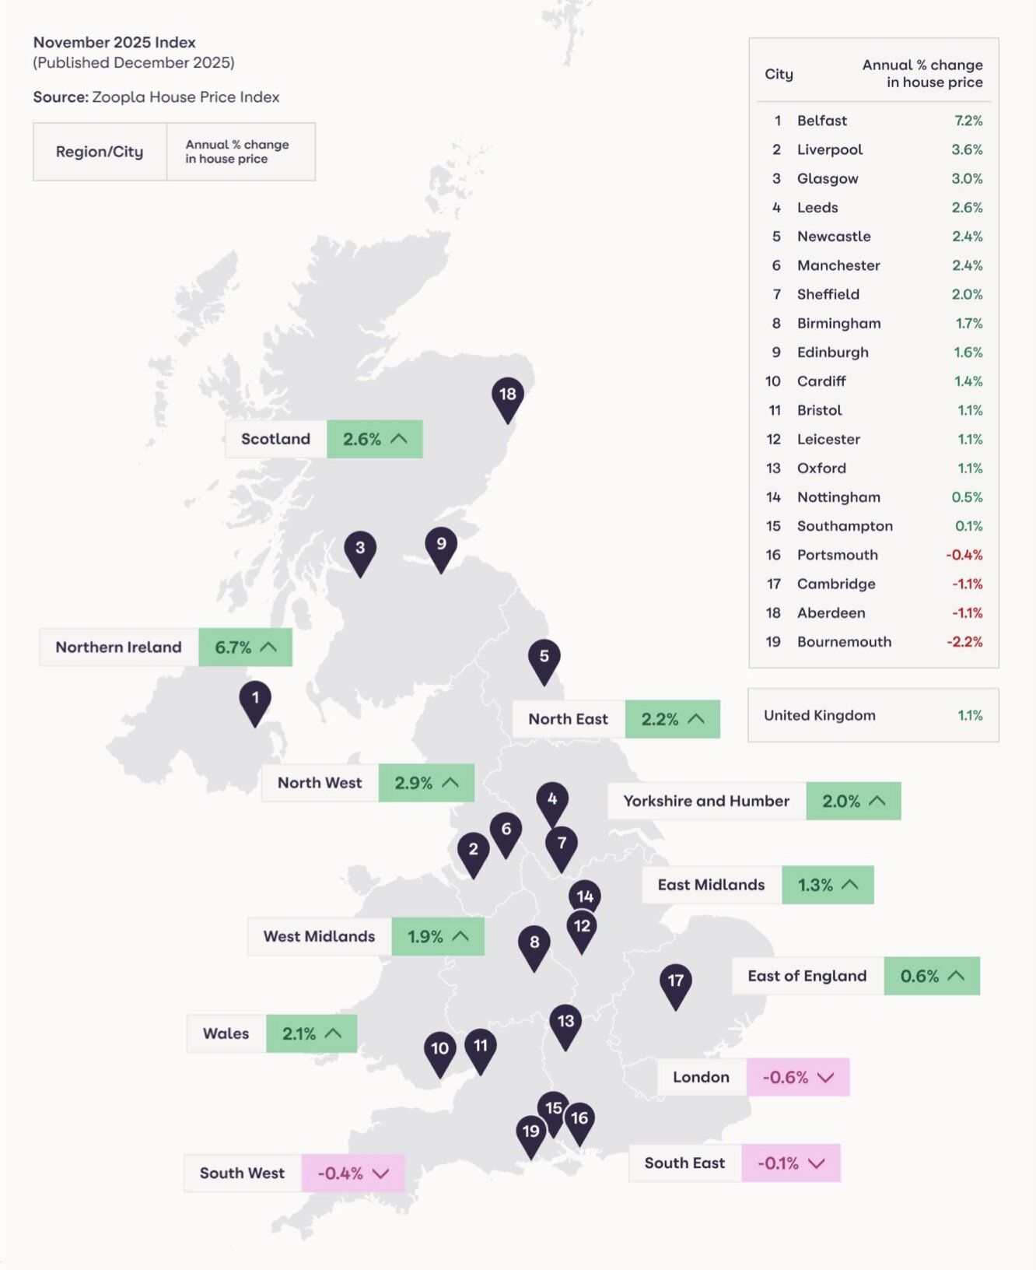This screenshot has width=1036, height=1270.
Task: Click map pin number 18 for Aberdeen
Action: tap(507, 395)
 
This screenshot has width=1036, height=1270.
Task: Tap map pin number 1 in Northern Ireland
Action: tap(255, 699)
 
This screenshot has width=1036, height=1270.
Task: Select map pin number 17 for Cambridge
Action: tap(675, 981)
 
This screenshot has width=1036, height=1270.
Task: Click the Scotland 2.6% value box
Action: tap(374, 439)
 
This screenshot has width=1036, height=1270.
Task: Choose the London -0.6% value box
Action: tap(797, 1077)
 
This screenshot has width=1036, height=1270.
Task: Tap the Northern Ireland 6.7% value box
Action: tap(245, 647)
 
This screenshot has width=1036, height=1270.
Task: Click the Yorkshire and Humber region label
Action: tap(706, 801)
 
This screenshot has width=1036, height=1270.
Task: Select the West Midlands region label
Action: tap(319, 936)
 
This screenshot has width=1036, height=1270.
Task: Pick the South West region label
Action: tap(242, 1173)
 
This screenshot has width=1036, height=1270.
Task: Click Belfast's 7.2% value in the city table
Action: tap(968, 121)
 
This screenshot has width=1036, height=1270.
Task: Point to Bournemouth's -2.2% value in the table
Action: tap(964, 642)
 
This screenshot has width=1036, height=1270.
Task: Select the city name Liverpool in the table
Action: tap(830, 149)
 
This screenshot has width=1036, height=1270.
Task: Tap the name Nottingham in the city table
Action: tap(838, 497)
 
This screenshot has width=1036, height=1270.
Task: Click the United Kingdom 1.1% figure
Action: tap(970, 715)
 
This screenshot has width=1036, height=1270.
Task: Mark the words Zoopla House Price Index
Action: tap(185, 97)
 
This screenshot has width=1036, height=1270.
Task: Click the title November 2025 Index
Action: tap(114, 43)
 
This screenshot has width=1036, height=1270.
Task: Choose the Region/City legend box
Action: tap(100, 152)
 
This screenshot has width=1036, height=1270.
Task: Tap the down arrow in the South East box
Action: tap(816, 1163)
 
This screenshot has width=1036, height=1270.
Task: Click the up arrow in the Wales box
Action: tap(334, 1033)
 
